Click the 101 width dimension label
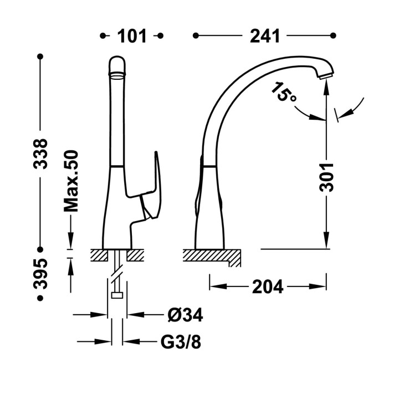(132, 36)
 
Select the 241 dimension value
(265, 36)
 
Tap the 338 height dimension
(40, 154)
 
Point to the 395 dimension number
(40, 273)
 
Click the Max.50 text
(71, 181)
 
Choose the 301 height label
(326, 177)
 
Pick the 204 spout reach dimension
(268, 287)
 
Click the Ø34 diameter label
(185, 315)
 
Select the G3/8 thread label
(181, 342)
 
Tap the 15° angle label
(283, 92)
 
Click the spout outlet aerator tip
(326, 75)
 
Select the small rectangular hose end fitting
(117, 295)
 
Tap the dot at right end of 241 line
(333, 35)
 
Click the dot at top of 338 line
(40, 57)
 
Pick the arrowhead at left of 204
(218, 287)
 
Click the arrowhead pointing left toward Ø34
(135, 315)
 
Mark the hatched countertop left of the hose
(99, 255)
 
